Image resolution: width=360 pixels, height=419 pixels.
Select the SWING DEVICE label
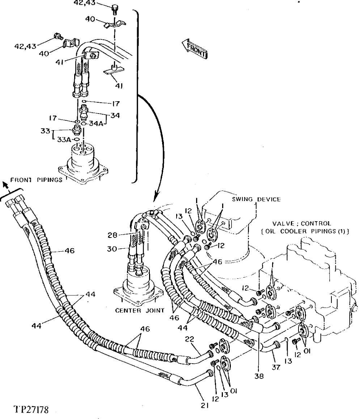pos(256,200)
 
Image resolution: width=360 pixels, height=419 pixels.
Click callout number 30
pos(114,249)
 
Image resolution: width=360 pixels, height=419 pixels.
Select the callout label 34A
pos(95,124)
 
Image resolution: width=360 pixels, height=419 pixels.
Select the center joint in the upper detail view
pos(84,159)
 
